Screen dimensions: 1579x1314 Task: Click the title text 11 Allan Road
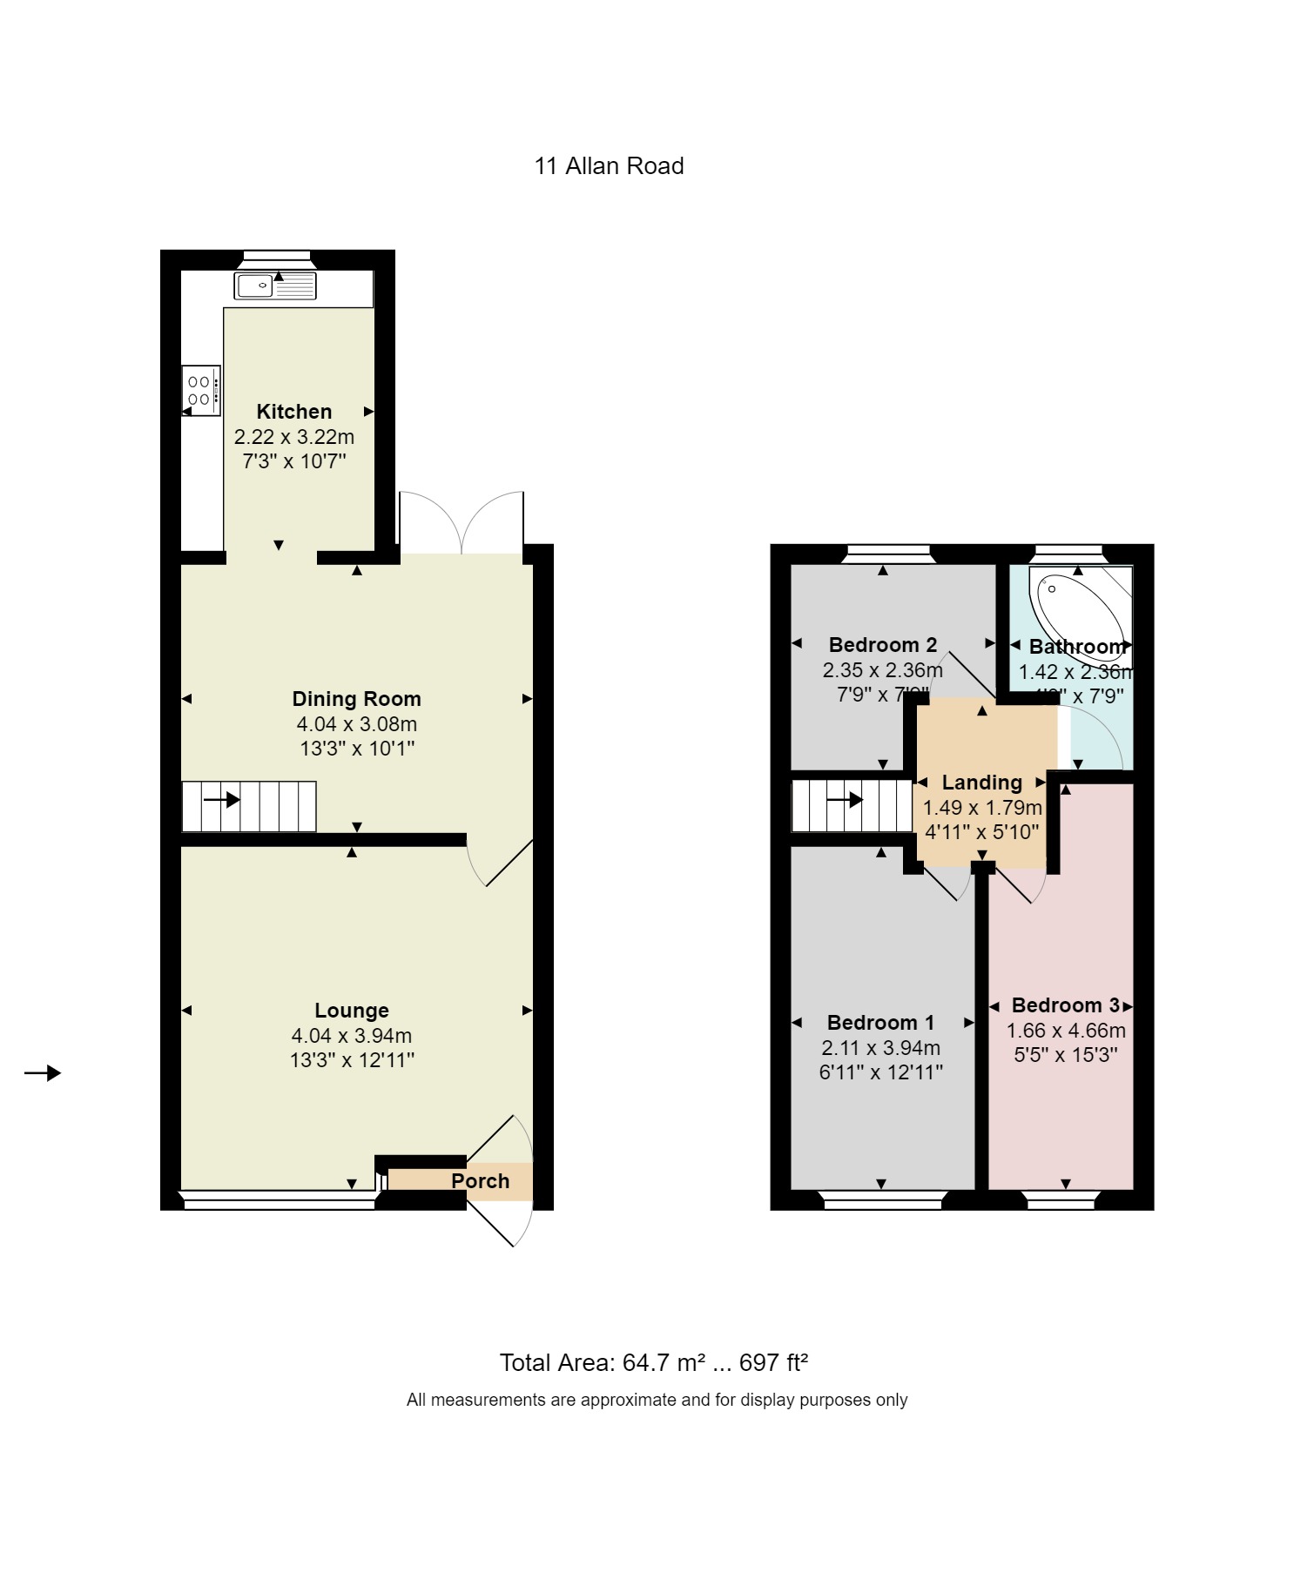(x=609, y=166)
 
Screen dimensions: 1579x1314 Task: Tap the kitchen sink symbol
(x=274, y=286)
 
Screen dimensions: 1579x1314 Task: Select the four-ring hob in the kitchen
(x=201, y=391)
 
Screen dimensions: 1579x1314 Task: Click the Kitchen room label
(x=294, y=412)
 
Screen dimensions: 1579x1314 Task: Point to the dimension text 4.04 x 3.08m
(x=357, y=724)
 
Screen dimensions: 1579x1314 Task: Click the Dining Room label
(x=357, y=699)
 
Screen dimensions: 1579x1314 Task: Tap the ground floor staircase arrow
(x=222, y=799)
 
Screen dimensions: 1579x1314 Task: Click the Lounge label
(x=352, y=1011)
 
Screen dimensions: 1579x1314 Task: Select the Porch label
(x=480, y=1181)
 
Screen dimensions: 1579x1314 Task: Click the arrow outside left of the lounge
(x=43, y=1073)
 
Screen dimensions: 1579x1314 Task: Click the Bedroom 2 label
(x=883, y=645)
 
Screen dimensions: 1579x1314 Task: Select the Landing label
(x=982, y=783)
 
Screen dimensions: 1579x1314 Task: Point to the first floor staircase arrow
(x=845, y=799)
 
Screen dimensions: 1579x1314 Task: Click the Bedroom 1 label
(x=881, y=1023)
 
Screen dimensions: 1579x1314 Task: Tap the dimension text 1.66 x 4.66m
(x=1066, y=1031)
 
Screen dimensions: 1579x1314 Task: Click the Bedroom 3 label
(x=1066, y=1005)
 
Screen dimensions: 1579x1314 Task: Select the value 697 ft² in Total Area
(x=773, y=1363)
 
